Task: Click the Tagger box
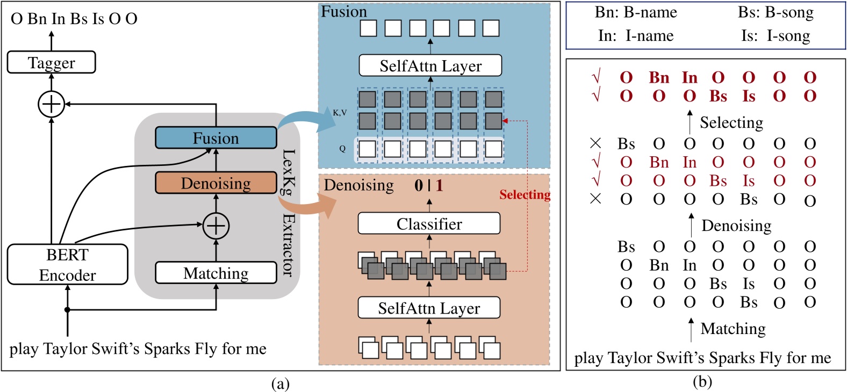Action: pos(51,62)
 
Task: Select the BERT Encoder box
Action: pos(67,265)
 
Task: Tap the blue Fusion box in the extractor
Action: pos(215,138)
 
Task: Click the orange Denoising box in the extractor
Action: pos(215,183)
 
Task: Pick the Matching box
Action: pos(215,273)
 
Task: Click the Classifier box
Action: pos(429,223)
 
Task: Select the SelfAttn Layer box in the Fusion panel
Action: pos(430,66)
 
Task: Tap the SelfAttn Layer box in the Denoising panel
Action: pos(429,308)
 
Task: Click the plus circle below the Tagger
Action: pos(51,104)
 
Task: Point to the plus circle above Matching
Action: pos(215,226)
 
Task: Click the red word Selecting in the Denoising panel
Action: pos(524,195)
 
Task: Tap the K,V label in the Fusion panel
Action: pos(340,113)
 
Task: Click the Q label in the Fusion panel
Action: pos(342,149)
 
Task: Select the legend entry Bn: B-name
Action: pos(635,13)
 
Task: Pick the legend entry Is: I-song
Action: pos(775,36)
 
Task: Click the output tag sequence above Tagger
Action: pos(74,19)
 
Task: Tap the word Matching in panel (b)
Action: pos(732,328)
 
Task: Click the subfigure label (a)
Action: pos(281,383)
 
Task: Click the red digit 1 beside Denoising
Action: pos(439,185)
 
